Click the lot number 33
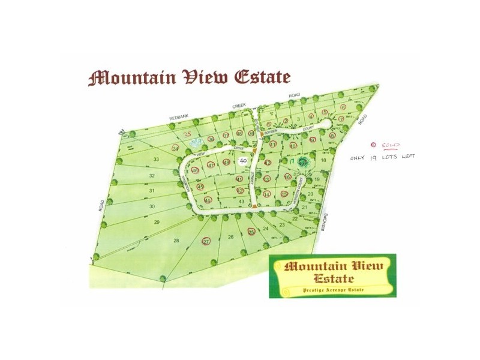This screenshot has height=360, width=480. [x=156, y=159]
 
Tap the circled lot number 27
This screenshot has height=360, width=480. [x=206, y=241]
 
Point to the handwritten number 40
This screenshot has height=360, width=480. [x=243, y=161]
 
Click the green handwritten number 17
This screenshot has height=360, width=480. [x=292, y=161]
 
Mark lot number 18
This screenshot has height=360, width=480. [x=323, y=160]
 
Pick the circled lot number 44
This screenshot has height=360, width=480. [x=208, y=200]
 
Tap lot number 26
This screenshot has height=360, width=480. [x=230, y=238]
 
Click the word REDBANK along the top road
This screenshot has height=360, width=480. [x=179, y=117]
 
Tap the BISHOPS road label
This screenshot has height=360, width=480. [x=326, y=223]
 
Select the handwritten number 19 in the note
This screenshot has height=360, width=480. [x=377, y=157]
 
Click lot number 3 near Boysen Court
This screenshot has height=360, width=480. [x=298, y=119]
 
